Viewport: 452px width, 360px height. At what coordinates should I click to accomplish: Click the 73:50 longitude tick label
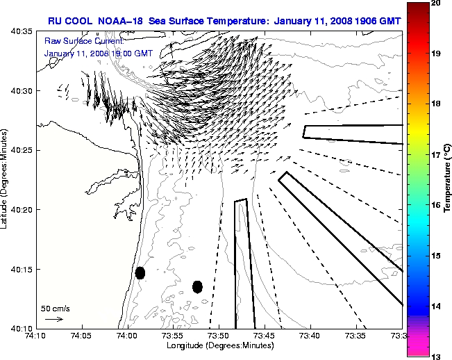pos(219,336)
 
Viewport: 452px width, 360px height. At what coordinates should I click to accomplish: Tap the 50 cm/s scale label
pos(55,308)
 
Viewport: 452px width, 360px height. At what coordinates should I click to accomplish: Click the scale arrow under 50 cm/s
pos(53,319)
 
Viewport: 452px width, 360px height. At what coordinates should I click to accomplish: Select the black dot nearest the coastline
pos(140,272)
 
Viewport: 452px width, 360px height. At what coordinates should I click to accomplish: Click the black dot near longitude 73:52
pos(197,286)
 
